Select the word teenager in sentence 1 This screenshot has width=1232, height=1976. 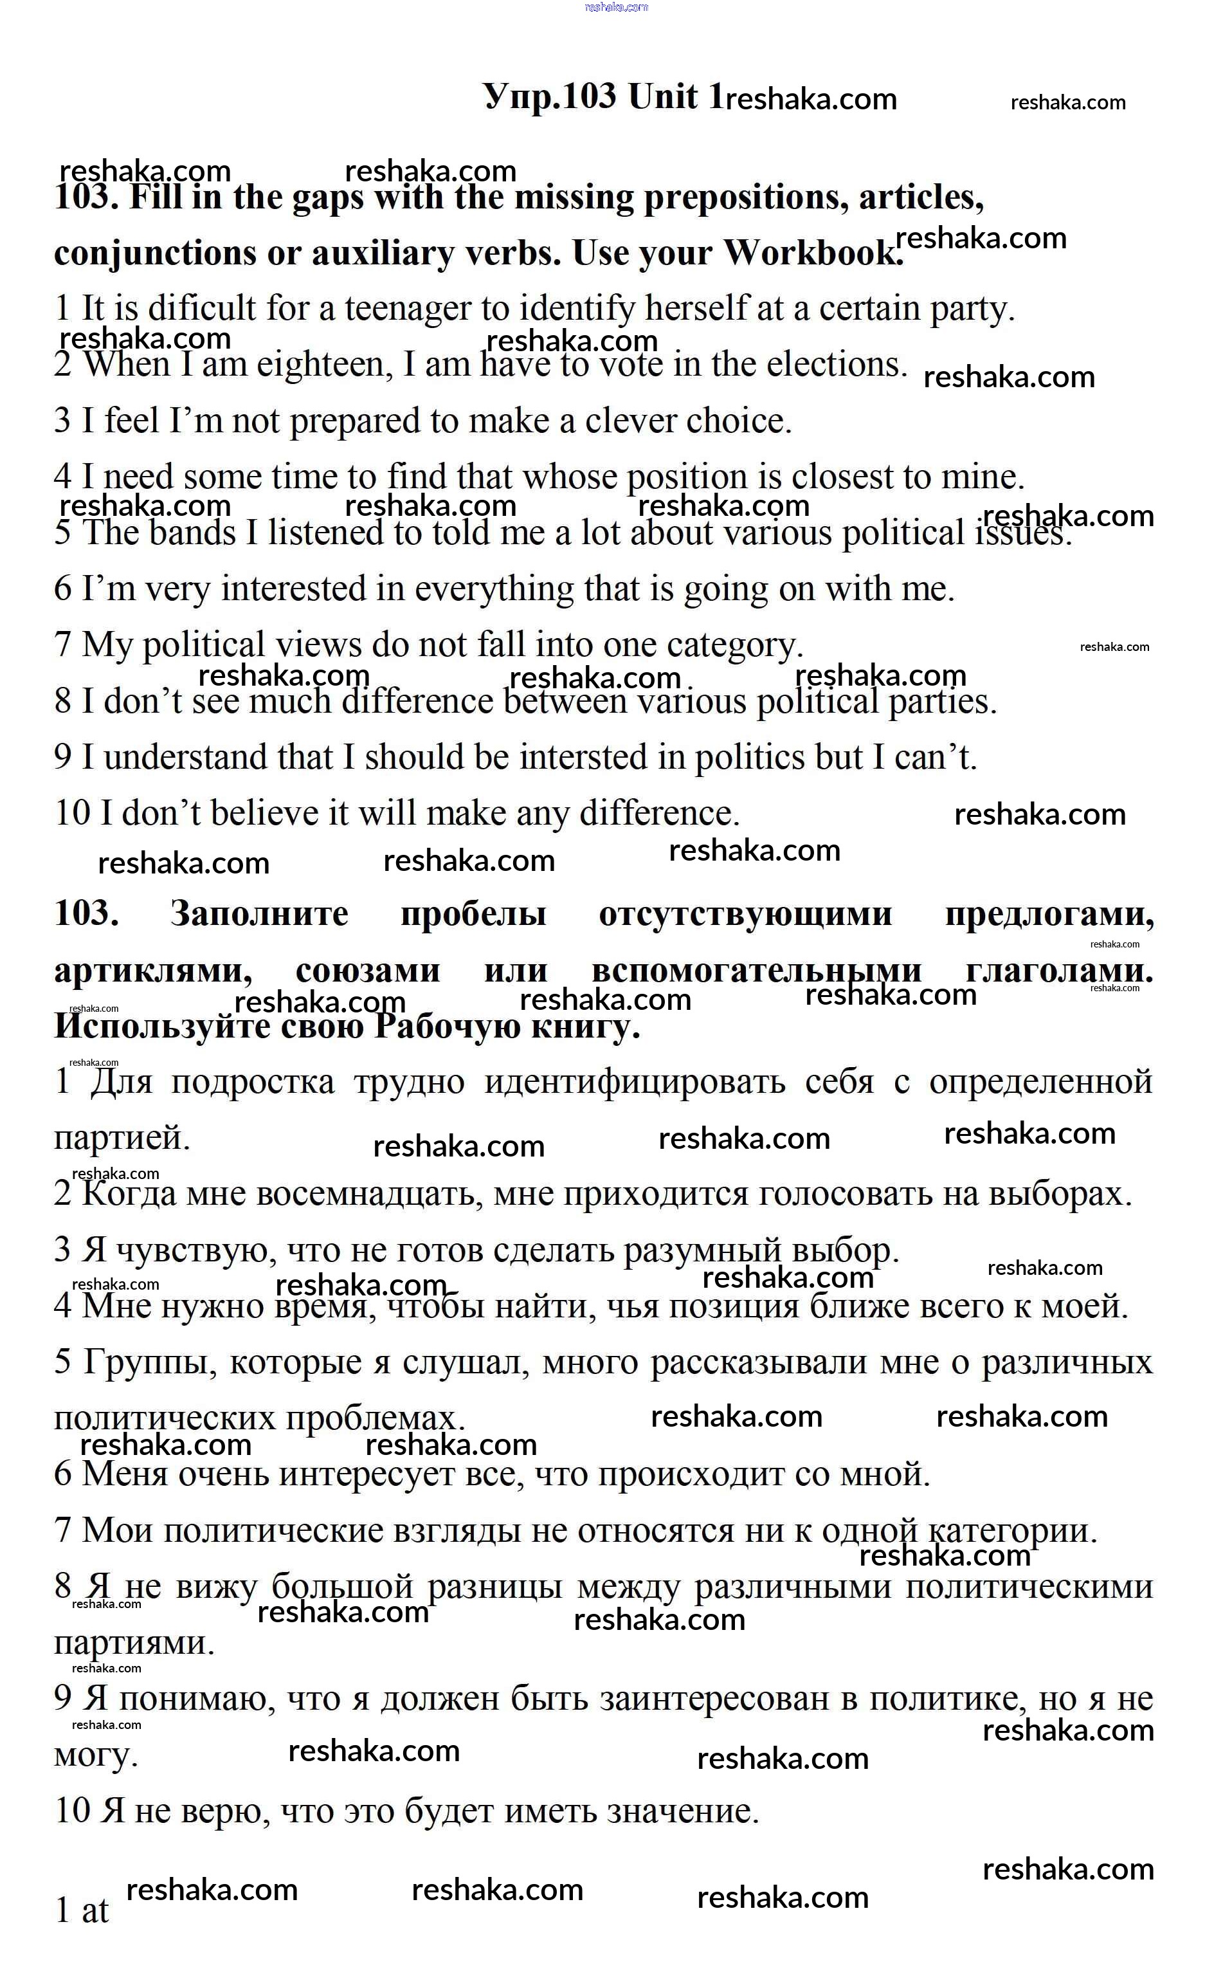pos(408,309)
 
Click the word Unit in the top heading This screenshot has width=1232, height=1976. pos(662,97)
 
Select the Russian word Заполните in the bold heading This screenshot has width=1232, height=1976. pos(259,914)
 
